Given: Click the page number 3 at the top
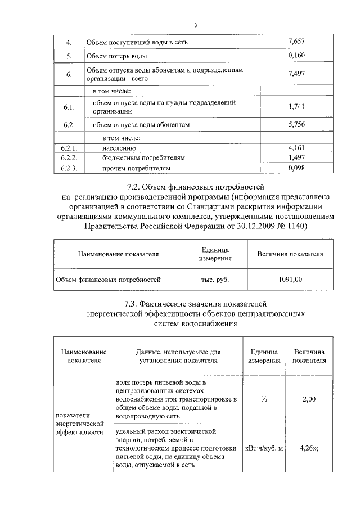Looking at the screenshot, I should (196, 25).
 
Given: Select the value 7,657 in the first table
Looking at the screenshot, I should (295, 42).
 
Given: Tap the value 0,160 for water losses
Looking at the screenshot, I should (295, 56).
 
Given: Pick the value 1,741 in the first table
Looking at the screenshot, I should (295, 107).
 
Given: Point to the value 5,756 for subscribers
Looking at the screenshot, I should (295, 125).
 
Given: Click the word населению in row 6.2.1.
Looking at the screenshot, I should (121, 148).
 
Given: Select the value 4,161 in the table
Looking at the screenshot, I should (295, 148).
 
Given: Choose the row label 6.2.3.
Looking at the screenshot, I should (69, 168).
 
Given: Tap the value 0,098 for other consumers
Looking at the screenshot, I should (295, 168).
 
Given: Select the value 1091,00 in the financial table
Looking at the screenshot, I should (290, 279).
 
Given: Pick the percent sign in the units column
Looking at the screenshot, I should (264, 399).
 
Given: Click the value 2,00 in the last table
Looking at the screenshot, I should (309, 399).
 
